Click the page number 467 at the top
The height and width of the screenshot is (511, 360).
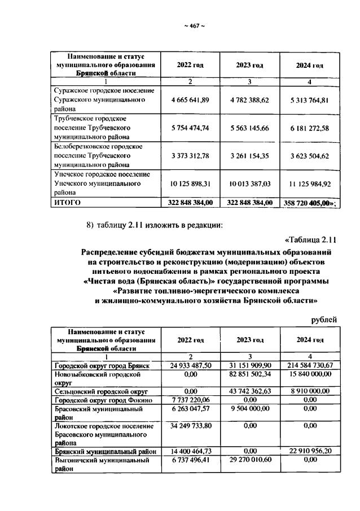194,26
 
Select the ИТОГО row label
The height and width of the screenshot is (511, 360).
67,202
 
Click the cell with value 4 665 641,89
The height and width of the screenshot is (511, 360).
190,99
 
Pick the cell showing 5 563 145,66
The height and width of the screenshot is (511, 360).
249,128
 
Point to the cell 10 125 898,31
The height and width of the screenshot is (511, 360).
190,184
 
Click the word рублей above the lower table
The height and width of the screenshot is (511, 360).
324,320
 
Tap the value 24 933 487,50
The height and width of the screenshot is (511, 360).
190,366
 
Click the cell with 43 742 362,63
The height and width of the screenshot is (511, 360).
250,391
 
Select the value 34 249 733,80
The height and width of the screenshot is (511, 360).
190,425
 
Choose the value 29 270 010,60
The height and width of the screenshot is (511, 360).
250,460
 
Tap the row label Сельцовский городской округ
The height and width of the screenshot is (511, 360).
100,391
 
